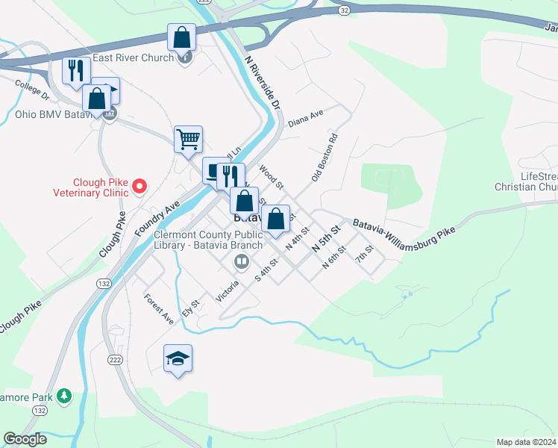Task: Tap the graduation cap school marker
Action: click(178, 359)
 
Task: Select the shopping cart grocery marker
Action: click(188, 138)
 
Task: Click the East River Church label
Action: click(133, 57)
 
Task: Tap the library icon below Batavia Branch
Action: click(242, 261)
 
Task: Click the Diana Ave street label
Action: click(305, 118)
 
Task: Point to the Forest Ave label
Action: click(159, 308)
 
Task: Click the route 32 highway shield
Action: click(342, 11)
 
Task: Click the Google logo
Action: click(25, 439)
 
